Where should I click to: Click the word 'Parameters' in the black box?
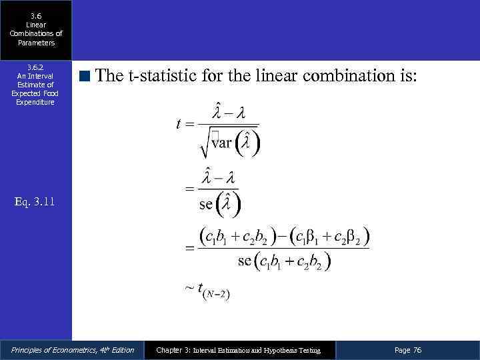pos(36,43)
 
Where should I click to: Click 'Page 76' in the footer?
pos(408,350)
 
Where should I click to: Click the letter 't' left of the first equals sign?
pos(179,124)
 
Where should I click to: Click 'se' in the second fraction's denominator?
pos(206,203)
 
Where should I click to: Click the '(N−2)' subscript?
pos(218,293)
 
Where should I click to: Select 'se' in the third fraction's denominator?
pos(245,260)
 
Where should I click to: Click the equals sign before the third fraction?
pos(189,248)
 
